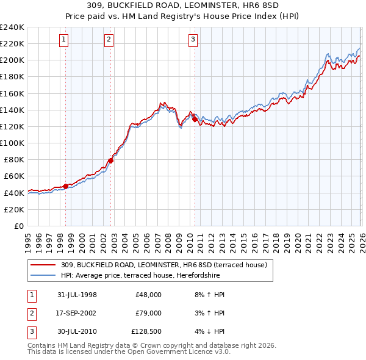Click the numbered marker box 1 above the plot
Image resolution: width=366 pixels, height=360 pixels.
[x=65, y=40]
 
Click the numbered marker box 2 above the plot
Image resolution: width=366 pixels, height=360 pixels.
[x=109, y=40]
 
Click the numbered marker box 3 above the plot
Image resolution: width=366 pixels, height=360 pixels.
[x=193, y=40]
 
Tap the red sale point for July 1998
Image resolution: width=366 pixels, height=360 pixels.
[x=66, y=185]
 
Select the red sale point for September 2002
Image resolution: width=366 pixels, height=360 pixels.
[x=110, y=160]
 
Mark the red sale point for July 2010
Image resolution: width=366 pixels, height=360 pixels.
[x=195, y=120]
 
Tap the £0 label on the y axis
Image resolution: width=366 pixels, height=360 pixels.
[x=18, y=226]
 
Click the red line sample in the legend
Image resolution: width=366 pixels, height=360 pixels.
[x=44, y=265]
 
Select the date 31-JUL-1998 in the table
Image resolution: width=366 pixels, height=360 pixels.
[x=77, y=295]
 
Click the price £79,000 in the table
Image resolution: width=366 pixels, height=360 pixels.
[x=148, y=313]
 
